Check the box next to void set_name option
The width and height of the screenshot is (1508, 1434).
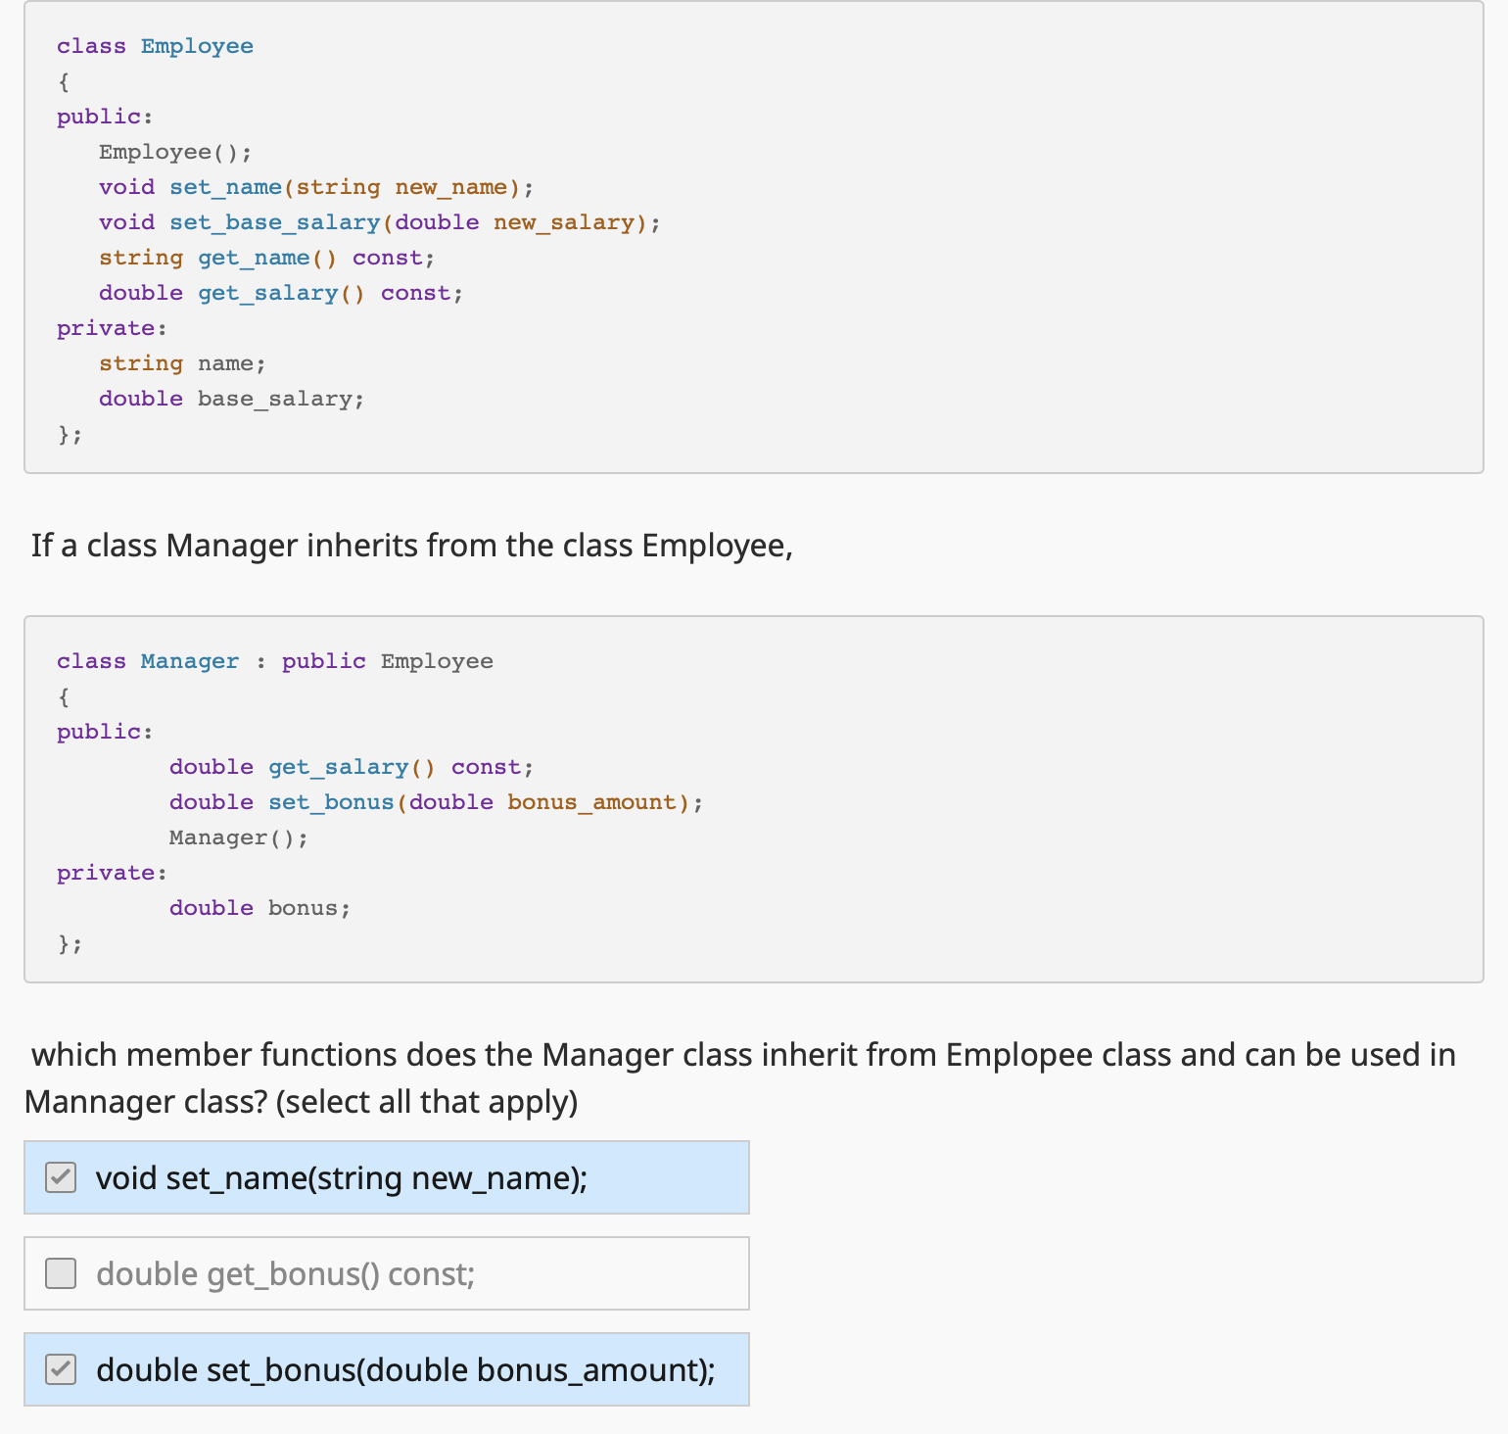(61, 1177)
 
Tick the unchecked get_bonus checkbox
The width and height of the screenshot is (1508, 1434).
(61, 1273)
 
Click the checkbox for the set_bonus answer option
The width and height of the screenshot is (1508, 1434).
(61, 1369)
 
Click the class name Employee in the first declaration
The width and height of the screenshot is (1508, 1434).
(197, 46)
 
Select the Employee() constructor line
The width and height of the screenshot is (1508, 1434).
(175, 152)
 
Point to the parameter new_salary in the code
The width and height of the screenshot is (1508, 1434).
(564, 222)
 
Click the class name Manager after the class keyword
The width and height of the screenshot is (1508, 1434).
(190, 661)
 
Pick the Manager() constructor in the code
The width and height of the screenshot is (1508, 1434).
(238, 837)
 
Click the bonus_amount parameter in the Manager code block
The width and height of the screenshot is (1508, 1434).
(591, 802)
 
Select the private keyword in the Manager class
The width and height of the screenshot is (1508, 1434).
(106, 873)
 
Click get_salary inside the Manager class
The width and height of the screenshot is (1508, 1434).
(338, 767)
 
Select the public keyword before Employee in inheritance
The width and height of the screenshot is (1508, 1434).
(323, 661)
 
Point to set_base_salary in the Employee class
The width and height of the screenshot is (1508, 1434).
(274, 222)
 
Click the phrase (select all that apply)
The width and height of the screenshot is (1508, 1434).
(427, 1102)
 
